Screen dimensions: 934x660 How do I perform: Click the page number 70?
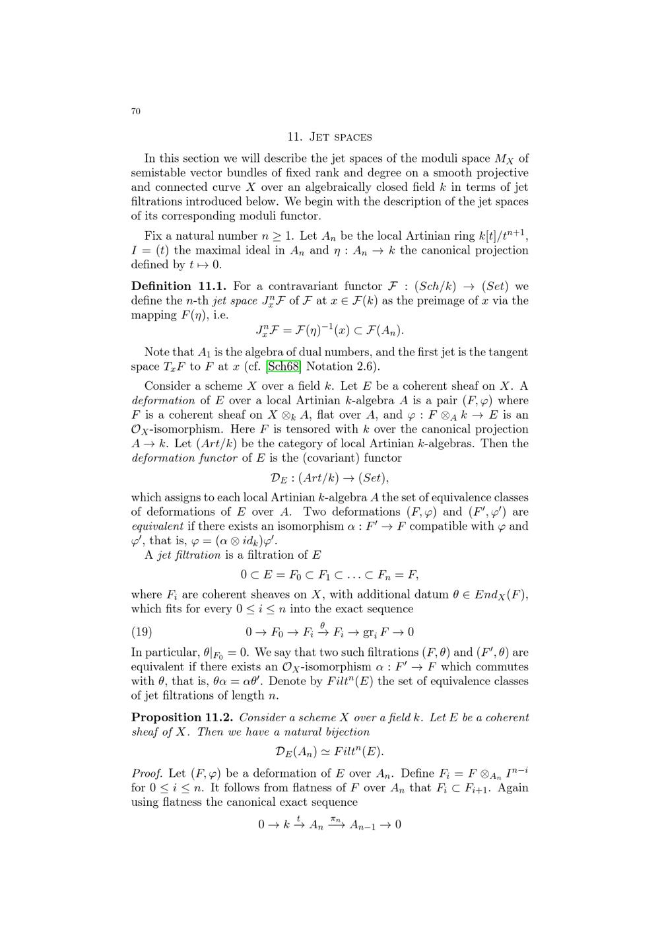pos(135,111)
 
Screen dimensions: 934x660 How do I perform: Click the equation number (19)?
pos(142,631)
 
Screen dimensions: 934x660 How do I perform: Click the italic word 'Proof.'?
pos(148,773)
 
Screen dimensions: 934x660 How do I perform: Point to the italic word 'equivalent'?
pos(157,526)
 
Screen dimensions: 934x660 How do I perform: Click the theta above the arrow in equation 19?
pos(323,624)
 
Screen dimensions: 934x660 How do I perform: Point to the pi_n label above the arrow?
pos(335,819)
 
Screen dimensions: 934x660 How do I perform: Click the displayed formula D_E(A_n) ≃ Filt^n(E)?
pos(329,752)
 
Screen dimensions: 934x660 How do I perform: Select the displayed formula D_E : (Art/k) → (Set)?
pos(329,478)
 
